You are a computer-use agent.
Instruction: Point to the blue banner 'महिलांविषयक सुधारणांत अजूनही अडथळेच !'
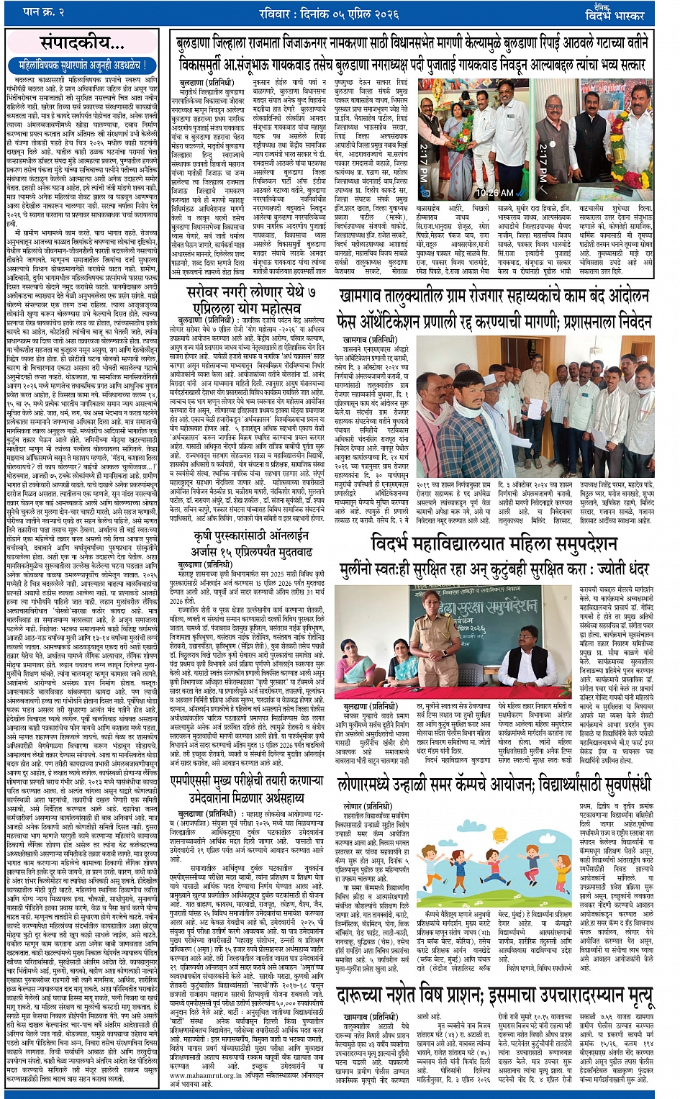point(82,65)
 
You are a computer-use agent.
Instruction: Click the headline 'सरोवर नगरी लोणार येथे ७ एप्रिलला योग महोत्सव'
point(251,298)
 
